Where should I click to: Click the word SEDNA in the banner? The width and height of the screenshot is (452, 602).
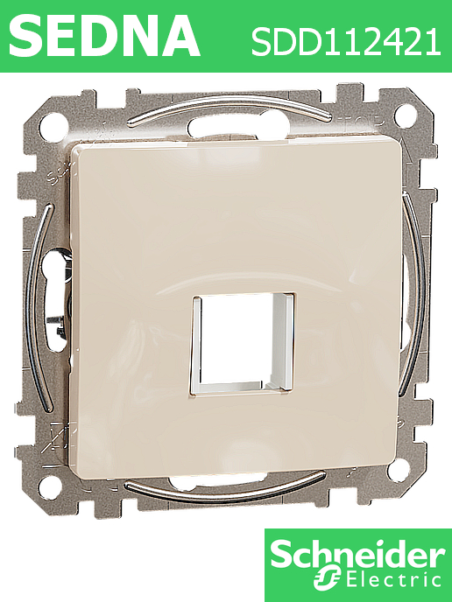point(104,37)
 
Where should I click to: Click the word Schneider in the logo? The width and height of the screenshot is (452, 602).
point(358,554)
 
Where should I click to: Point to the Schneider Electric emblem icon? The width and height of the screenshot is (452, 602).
point(326,580)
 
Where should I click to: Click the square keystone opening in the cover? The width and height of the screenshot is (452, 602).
point(243,344)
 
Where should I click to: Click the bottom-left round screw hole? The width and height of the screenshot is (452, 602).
point(50,486)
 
